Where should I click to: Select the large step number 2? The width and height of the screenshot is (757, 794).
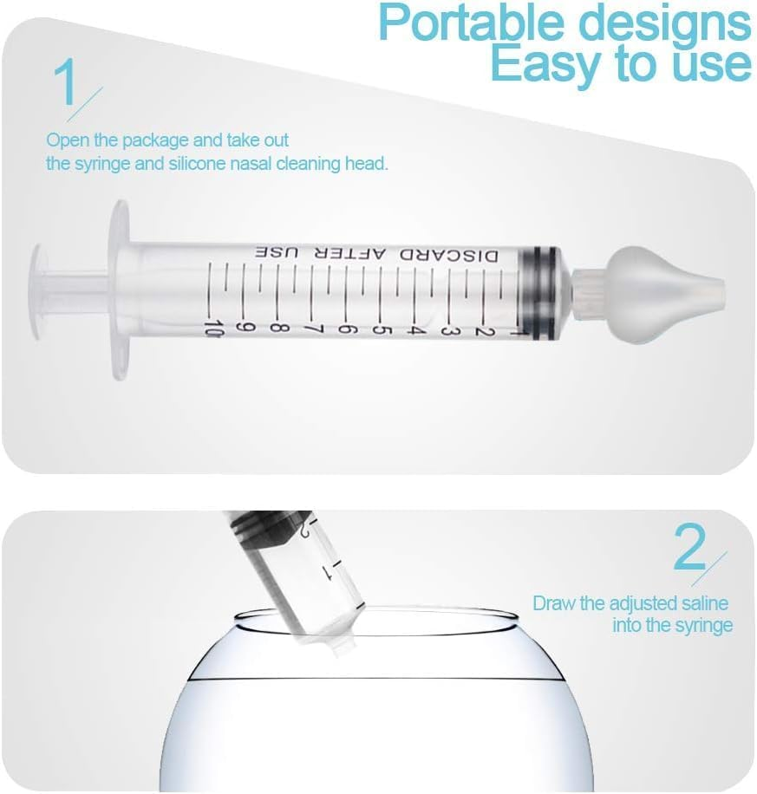point(690,549)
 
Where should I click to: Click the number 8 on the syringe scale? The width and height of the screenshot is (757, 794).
point(278,329)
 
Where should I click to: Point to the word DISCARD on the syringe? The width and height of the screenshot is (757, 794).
point(451,254)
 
